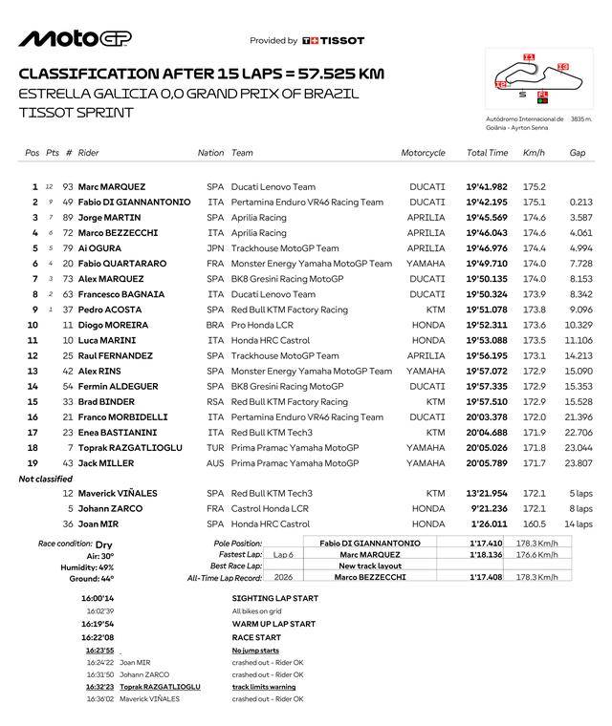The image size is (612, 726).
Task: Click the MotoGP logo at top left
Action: pyautogui.click(x=76, y=38)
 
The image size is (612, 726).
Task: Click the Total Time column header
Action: pyautogui.click(x=487, y=153)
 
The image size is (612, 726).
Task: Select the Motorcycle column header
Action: pyautogui.click(x=423, y=153)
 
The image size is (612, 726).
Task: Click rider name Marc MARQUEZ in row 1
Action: pyautogui.click(x=111, y=187)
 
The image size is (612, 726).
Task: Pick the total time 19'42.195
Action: pyautogui.click(x=487, y=203)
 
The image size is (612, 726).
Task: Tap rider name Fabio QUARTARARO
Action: pyautogui.click(x=121, y=264)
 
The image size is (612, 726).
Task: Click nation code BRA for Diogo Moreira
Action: pyautogui.click(x=215, y=325)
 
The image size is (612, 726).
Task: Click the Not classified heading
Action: pyautogui.click(x=46, y=479)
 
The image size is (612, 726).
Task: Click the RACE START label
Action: pyautogui.click(x=256, y=637)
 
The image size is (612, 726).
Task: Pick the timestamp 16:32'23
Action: pyautogui.click(x=99, y=687)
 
